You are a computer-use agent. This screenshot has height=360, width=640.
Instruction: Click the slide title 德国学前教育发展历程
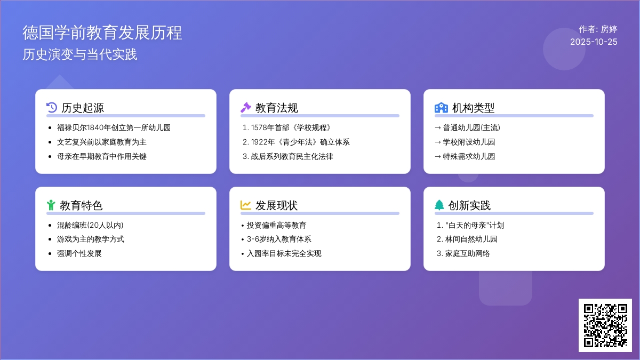[x=102, y=33]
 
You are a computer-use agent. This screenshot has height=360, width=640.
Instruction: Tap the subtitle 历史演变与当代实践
[x=80, y=54]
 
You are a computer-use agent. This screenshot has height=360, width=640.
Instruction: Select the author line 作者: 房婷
[x=598, y=29]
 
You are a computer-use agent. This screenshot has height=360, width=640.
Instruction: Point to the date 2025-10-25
[x=594, y=42]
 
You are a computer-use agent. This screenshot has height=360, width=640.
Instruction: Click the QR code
[x=605, y=325]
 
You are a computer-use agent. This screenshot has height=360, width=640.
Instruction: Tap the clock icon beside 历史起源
[x=52, y=107]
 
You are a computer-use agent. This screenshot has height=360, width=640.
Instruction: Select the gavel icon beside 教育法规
[x=246, y=107]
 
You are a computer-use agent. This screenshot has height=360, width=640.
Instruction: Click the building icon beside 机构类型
[x=441, y=107]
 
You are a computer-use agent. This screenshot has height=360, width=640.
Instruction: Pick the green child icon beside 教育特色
[x=51, y=205]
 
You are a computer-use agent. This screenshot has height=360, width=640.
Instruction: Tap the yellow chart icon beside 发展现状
[x=246, y=205]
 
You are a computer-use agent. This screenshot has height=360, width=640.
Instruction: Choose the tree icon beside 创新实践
[x=439, y=205]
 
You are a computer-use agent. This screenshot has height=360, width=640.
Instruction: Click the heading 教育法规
[x=276, y=108]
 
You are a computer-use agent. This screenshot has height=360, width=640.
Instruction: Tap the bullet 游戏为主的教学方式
[x=91, y=239]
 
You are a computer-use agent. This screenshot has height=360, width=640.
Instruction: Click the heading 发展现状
[x=276, y=205]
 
